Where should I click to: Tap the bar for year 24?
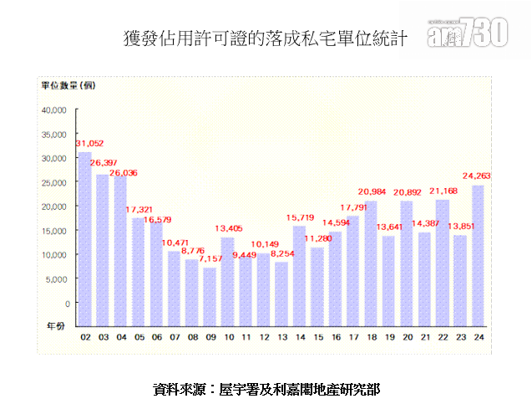pos(478,255)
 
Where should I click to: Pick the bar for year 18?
pos(371,263)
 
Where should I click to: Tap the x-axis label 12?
pos(264,337)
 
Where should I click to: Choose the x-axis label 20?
pos(407,337)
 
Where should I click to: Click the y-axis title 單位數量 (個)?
pos(69,85)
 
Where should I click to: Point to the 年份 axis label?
pos(55,327)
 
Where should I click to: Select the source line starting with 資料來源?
pos(266,390)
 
